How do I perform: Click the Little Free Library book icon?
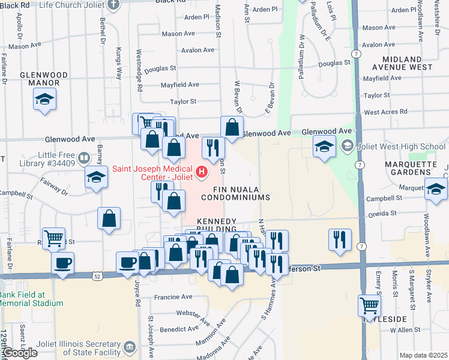pyautogui.click(x=84, y=158)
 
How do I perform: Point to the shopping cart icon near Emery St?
pyautogui.click(x=369, y=305)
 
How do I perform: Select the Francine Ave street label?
pyautogui.click(x=173, y=296)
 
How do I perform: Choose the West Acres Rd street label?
pyautogui.click(x=385, y=112)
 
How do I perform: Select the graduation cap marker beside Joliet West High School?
pyautogui.click(x=324, y=145)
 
